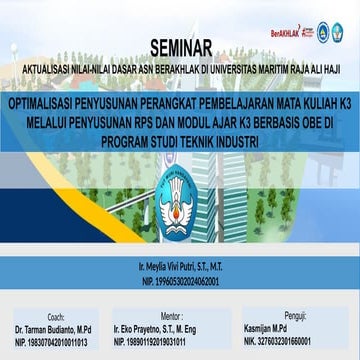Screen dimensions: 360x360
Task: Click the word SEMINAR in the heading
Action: click(181, 46)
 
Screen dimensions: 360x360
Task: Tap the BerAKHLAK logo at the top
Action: click(287, 32)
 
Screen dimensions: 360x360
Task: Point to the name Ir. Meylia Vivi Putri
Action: click(180, 271)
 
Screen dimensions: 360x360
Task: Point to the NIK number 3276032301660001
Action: click(270, 341)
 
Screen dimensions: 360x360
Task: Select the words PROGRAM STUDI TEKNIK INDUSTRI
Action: click(180, 142)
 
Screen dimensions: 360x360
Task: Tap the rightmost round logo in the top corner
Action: click(342, 33)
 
